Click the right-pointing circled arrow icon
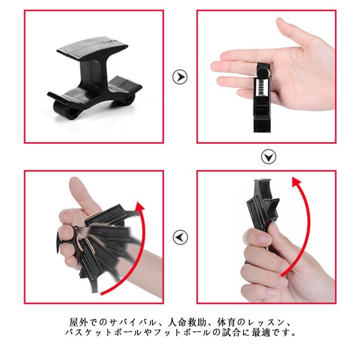coord(180,77)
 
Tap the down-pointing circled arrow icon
coord(268,157)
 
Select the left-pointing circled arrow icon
coord(180,237)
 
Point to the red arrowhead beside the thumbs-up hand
coord(139,207)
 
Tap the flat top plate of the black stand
coord(92,48)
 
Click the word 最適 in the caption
coord(261,332)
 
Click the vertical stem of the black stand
coord(94,74)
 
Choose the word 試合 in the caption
coord(231,332)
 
